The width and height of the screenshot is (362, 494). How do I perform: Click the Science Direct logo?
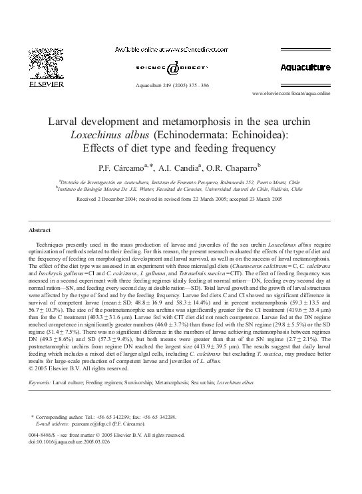click(x=172, y=68)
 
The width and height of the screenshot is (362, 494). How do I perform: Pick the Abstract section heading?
click(x=40, y=230)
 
